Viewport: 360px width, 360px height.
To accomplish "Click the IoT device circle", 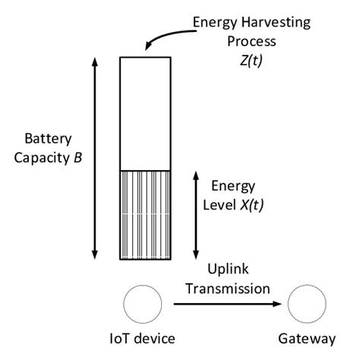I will tap(141, 304).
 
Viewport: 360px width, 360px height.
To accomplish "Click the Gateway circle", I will tap(311, 304).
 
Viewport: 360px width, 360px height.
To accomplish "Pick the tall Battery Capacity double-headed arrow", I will tap(95, 159).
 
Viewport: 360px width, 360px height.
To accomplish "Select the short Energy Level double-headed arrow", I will tap(197, 216).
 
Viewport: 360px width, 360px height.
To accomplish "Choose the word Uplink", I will tap(238, 272).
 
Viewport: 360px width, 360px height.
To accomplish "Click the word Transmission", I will tap(238, 288).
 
